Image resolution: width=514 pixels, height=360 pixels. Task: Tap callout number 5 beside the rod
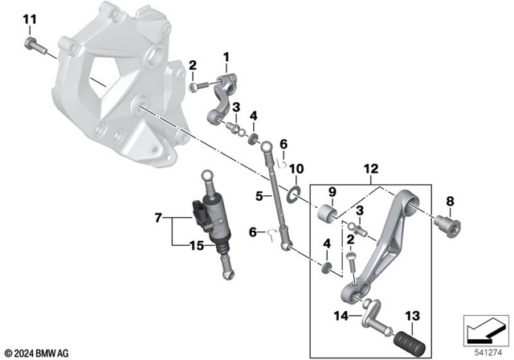259,195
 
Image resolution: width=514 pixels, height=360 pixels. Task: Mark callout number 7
159,217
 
